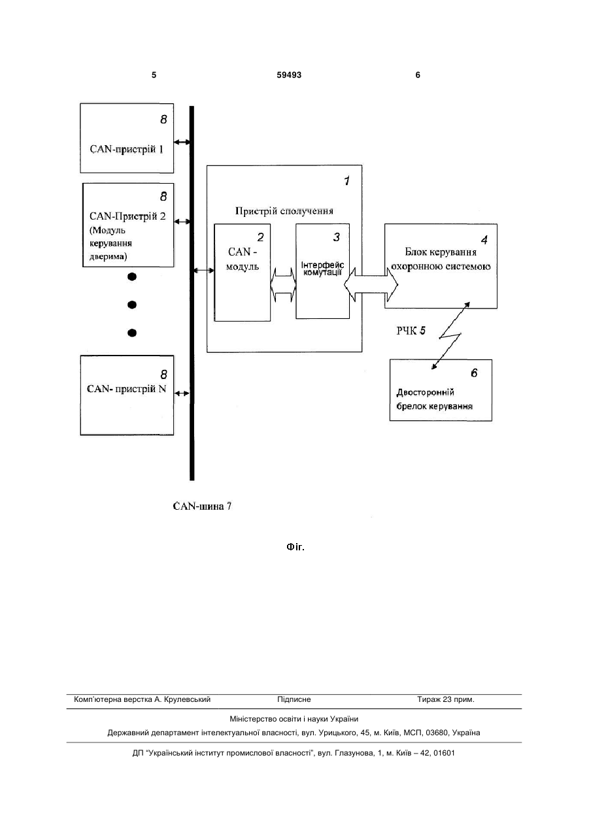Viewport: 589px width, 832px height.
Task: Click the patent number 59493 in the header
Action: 289,75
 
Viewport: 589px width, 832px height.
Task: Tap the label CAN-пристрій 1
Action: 126,149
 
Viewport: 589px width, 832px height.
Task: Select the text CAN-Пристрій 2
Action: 127,216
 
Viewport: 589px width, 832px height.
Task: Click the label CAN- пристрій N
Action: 126,389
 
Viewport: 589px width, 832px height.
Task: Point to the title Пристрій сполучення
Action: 284,211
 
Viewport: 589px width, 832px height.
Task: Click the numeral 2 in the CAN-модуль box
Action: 260,237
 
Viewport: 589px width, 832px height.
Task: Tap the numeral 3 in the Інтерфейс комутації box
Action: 336,237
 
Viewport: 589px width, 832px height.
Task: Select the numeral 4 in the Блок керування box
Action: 484,241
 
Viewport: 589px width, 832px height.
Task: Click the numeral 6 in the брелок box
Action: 474,373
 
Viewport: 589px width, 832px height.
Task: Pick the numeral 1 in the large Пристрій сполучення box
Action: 346,181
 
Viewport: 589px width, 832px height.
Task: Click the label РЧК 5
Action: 411,331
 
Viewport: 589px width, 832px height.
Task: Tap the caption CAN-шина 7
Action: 202,507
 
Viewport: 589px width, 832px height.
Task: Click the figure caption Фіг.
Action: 295,547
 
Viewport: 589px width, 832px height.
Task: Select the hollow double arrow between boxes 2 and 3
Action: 283,284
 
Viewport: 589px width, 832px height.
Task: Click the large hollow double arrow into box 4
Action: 371,284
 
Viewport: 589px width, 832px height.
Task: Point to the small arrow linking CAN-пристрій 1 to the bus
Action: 182,142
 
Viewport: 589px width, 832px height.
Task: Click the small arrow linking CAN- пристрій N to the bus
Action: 182,393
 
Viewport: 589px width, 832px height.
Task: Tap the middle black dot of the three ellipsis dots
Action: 132,305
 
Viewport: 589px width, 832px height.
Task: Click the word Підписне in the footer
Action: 294,699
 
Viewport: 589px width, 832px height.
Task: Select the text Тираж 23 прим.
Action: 446,699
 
